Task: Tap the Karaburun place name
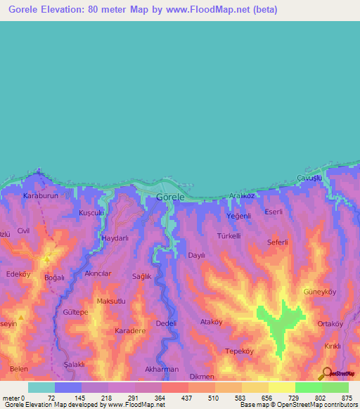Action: click(x=39, y=195)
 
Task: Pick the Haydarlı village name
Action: click(x=116, y=238)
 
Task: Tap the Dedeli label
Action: click(x=165, y=323)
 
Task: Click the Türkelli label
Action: click(x=229, y=236)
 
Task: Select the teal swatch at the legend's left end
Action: click(x=41, y=387)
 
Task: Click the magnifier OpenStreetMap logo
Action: click(x=325, y=374)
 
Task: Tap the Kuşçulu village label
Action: click(x=91, y=212)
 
